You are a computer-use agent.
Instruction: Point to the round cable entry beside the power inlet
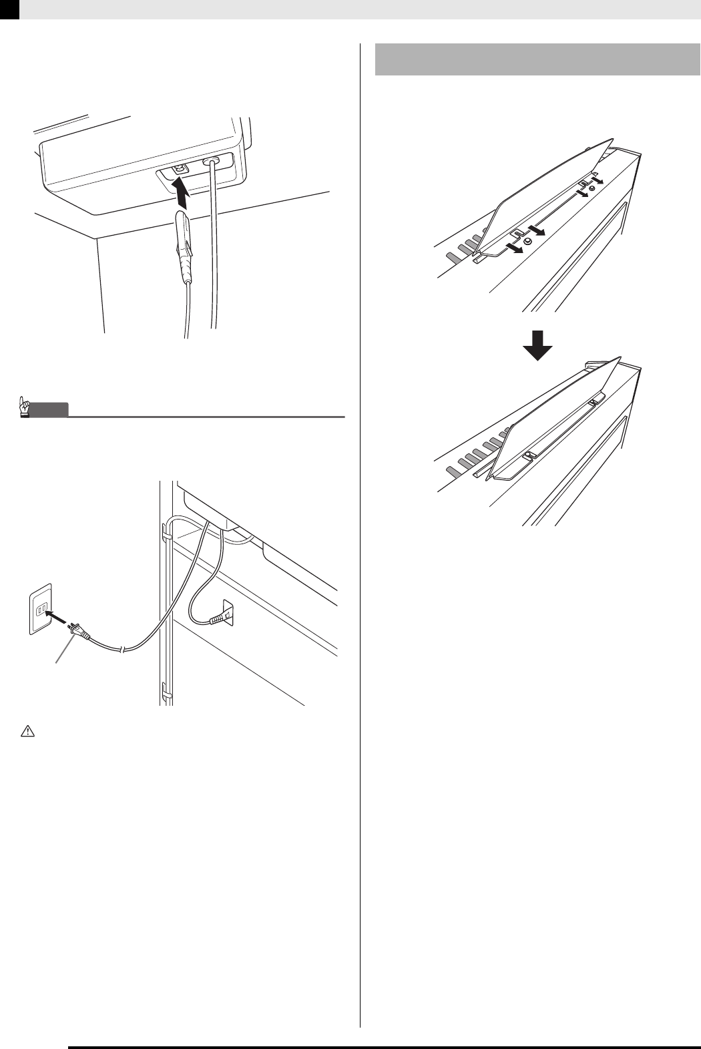(213, 162)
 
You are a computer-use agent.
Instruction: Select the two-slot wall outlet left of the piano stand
(39, 609)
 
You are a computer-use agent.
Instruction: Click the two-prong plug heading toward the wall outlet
(79, 630)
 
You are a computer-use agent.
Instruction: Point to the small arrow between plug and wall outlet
(58, 618)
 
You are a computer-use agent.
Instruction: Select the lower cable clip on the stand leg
(165, 694)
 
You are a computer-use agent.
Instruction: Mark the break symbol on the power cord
(122, 649)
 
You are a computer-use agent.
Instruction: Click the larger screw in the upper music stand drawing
(527, 242)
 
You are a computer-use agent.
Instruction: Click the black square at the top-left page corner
(9, 9)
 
